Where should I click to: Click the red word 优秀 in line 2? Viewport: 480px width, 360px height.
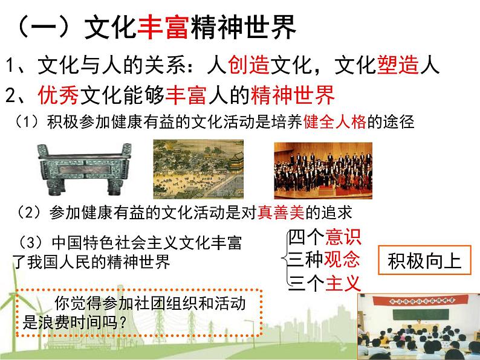pos(57,95)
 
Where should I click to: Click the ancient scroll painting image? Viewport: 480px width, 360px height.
pos(198,169)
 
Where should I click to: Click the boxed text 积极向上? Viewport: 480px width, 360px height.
pos(424,261)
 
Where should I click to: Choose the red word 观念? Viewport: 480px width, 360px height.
pos(342,259)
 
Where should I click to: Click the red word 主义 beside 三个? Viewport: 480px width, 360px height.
pos(342,281)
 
